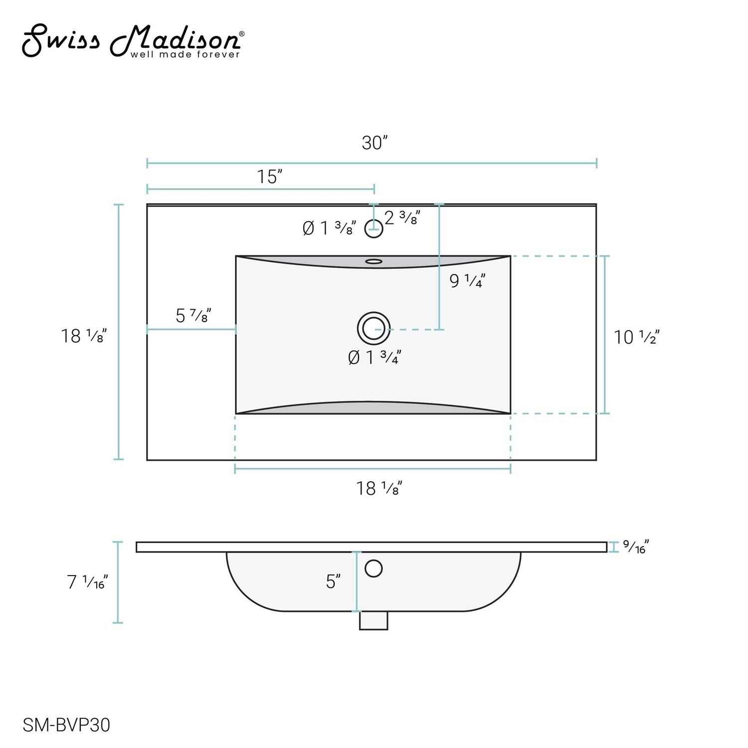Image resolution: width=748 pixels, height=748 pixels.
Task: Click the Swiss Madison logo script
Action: [133, 41]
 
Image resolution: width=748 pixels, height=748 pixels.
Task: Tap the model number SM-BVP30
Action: [66, 725]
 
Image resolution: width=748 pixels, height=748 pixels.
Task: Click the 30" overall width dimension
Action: [374, 143]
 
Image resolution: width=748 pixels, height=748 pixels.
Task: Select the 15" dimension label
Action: [270, 177]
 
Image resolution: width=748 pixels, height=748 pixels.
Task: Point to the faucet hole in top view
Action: [374, 229]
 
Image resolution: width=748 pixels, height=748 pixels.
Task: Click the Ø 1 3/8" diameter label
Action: [330, 228]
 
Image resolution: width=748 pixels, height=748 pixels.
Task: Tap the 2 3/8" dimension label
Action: [402, 217]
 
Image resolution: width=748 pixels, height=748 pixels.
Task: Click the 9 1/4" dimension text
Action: [467, 281]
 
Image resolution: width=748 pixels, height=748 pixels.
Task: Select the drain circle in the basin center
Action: [374, 329]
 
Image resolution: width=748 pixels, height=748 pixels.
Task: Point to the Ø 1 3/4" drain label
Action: [374, 357]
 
